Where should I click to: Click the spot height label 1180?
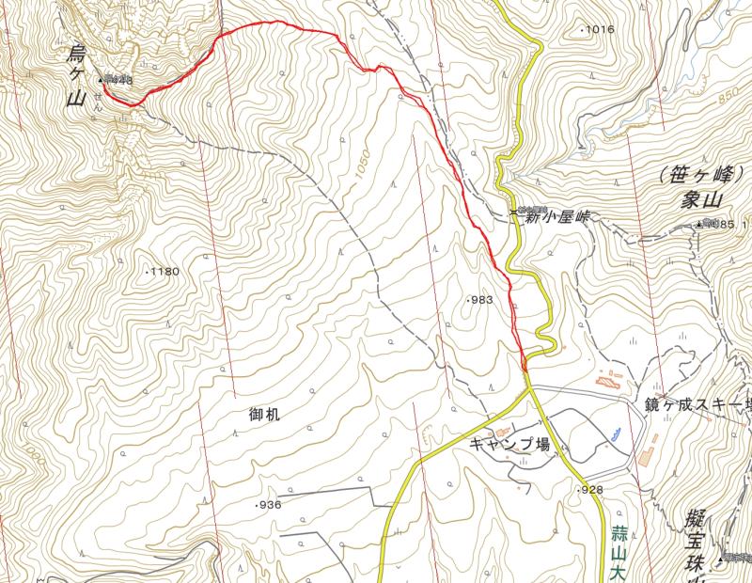(x=164, y=272)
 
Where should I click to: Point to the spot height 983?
(x=479, y=300)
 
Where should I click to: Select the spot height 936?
(x=268, y=505)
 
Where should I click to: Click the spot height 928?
(x=589, y=490)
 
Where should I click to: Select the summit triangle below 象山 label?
(x=699, y=224)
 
